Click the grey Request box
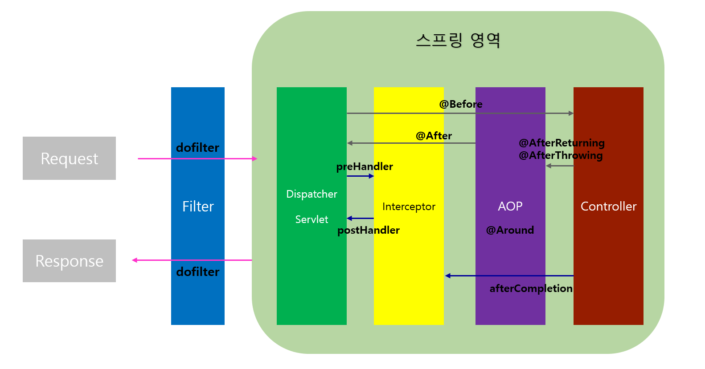pos(69,158)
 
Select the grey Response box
pos(69,261)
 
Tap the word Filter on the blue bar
pos(198,207)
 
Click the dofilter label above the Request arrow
pos(197,148)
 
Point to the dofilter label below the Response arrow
pos(198,272)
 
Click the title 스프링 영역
pos(458,40)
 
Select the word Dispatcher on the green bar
pos(312,194)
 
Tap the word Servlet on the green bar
pos(312,219)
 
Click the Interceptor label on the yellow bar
pos(409,207)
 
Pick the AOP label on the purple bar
pos(510,207)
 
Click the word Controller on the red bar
pos(608,207)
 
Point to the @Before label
pos(461,104)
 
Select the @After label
pos(434,136)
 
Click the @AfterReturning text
pos(562,143)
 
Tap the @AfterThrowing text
pos(561,155)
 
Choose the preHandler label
pos(365,166)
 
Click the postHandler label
pos(369,230)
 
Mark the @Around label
pos(510,230)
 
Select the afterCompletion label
pos(531,288)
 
